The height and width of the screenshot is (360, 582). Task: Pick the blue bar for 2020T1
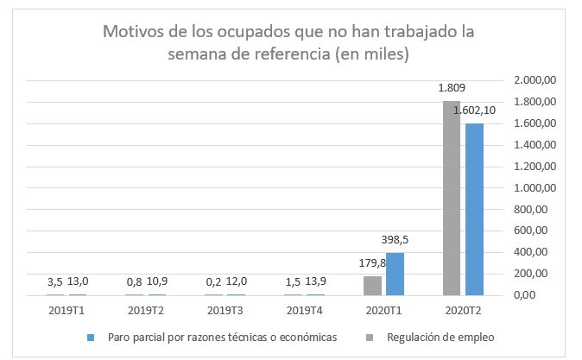pos(395,274)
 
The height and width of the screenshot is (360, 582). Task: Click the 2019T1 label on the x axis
pos(67,310)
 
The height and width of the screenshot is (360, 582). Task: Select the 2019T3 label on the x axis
pos(225,310)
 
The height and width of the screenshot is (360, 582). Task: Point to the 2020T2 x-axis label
pos(465,310)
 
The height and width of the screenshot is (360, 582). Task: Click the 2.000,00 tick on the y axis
pos(535,80)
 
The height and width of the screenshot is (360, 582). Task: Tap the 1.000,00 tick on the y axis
pos(535,188)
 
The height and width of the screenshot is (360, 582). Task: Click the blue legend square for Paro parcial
pos(90,337)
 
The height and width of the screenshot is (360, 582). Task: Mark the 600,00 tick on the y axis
pos(531,231)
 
